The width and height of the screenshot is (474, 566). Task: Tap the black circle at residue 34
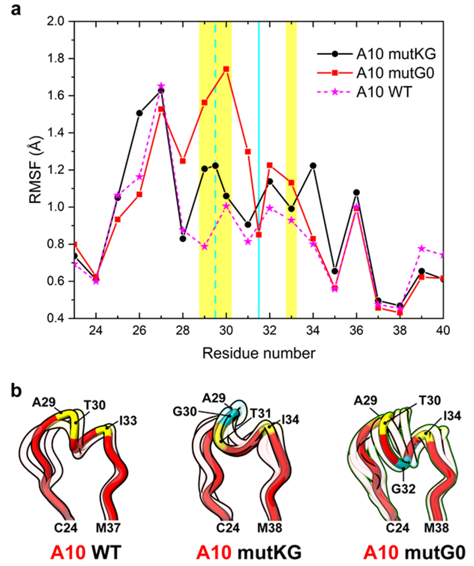click(313, 165)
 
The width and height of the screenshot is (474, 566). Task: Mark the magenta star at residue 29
click(205, 246)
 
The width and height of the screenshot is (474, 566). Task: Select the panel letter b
click(16, 392)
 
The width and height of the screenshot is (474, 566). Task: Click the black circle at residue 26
click(139, 113)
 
